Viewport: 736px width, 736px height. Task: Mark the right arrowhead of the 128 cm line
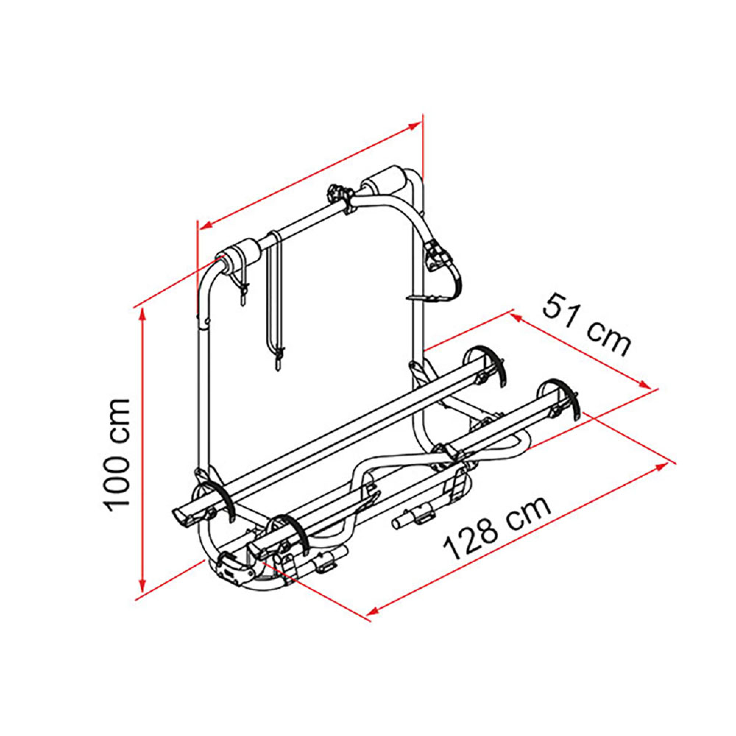click(661, 466)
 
